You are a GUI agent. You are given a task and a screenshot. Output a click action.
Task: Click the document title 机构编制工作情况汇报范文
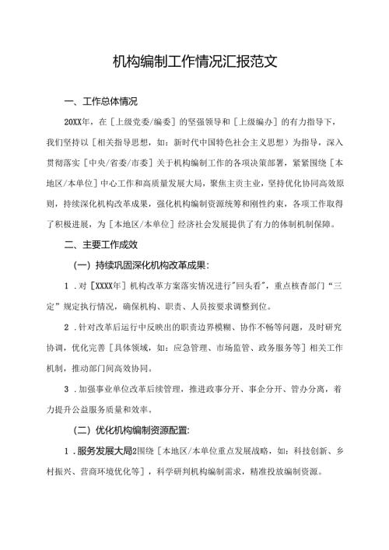pyautogui.click(x=194, y=61)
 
